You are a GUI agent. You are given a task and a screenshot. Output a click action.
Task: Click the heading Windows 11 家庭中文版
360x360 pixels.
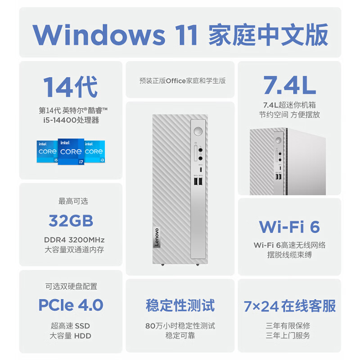pos(180,35)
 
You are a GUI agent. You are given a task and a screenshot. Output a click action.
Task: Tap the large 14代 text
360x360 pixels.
pos(70,86)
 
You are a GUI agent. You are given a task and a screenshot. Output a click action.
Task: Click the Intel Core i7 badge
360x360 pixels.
pos(71,152)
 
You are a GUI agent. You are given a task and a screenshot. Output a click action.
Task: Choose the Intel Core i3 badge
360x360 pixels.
pos(94,151)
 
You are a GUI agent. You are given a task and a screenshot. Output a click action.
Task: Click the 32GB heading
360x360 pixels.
pos(71,221)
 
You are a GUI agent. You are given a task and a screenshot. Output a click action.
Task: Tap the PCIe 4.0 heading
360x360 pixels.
pos(71,305)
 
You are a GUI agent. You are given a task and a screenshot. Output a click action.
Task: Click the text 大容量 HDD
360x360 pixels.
pos(71,336)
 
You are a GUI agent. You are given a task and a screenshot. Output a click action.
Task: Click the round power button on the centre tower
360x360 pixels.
pos(197,132)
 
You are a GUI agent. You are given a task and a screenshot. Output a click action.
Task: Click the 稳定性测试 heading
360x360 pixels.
pos(180,305)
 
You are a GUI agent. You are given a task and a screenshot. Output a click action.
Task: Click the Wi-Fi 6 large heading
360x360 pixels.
pos(289,226)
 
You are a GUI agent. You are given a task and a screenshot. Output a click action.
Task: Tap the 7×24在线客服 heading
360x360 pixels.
pos(290,306)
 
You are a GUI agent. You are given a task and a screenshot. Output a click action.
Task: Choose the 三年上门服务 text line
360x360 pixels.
pos(288,335)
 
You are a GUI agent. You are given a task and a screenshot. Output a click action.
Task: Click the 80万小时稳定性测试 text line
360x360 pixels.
pos(180,326)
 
